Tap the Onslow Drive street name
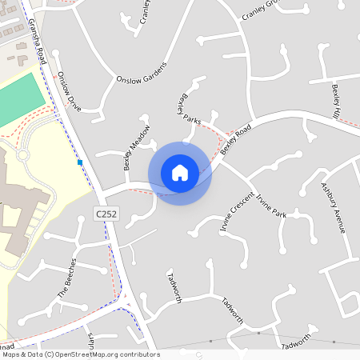tap(69, 91)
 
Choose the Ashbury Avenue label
tap(332, 207)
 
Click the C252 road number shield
tap(106, 214)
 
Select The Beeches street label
tap(67, 278)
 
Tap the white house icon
tap(180, 172)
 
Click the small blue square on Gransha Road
tap(80, 162)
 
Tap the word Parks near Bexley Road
tap(192, 118)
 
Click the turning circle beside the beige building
tap(23, 154)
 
